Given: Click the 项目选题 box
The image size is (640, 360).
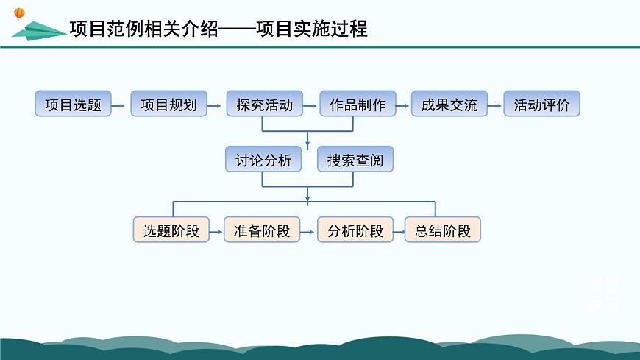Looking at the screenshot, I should point(73,105).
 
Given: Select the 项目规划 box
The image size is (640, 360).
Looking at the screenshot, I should point(168,105).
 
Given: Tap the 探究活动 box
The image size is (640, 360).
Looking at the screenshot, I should point(264,105).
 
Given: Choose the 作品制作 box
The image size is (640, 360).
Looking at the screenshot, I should point(358,105).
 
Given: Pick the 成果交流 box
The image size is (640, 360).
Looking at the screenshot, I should point(449,105).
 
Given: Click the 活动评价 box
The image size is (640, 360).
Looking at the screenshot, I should point(541,105).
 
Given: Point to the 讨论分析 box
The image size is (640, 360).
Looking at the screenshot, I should point(263,160).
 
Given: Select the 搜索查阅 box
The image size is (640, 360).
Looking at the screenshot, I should point(355,160).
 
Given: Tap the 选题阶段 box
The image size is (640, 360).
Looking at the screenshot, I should point(171,230).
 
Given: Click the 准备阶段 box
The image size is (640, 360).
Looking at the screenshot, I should point(262,230).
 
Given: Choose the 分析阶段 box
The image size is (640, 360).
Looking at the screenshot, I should point(355,230).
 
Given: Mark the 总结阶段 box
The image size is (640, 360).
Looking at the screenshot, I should point(443,230).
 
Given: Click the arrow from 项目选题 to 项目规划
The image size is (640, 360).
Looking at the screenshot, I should point(120,106).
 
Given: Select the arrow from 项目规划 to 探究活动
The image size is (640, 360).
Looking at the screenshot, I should point(216,106).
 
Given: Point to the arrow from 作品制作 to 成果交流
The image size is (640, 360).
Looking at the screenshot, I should point(402,106).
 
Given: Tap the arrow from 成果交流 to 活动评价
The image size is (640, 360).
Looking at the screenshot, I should point(494,106).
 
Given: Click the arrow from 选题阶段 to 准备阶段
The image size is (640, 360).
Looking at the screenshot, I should point(216,232).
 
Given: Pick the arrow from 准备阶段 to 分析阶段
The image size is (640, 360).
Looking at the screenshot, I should point(308,232).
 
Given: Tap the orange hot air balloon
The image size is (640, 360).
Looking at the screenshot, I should point(19,13).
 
